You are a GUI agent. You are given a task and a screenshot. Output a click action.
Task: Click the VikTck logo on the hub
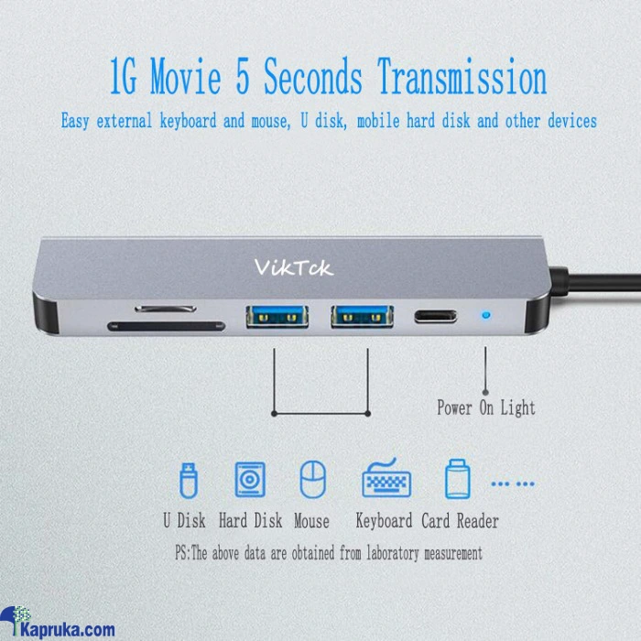point(294,267)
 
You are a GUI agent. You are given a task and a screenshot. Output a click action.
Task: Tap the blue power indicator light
point(485,315)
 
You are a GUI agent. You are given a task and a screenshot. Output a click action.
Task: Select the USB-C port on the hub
point(435,317)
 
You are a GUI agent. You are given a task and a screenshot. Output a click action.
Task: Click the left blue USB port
point(277,317)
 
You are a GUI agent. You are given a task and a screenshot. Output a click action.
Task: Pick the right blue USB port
point(363,317)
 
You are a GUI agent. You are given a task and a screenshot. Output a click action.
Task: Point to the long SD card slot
point(166,326)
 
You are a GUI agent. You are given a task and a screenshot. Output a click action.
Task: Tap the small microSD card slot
point(166,309)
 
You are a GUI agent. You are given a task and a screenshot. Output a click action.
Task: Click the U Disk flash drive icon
point(189,481)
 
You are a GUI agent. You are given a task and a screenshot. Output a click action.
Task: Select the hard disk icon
point(250,480)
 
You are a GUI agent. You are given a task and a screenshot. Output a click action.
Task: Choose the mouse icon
point(313,480)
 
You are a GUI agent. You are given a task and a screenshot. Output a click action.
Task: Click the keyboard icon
point(386,477)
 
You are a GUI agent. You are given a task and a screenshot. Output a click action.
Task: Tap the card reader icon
point(458,479)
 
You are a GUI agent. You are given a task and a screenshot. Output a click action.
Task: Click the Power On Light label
point(486,408)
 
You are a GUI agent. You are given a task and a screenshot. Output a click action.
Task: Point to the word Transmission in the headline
point(462,76)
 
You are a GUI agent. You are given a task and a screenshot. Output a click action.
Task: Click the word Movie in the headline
point(186,76)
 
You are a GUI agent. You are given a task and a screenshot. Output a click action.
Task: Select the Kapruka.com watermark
point(57,623)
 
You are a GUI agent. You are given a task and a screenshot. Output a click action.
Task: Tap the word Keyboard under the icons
point(384,521)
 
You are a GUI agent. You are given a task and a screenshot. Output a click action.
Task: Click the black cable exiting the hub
point(595,283)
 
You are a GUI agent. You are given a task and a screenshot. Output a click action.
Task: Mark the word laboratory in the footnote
point(393,553)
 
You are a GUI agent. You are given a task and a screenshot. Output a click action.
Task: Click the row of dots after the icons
point(513,484)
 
